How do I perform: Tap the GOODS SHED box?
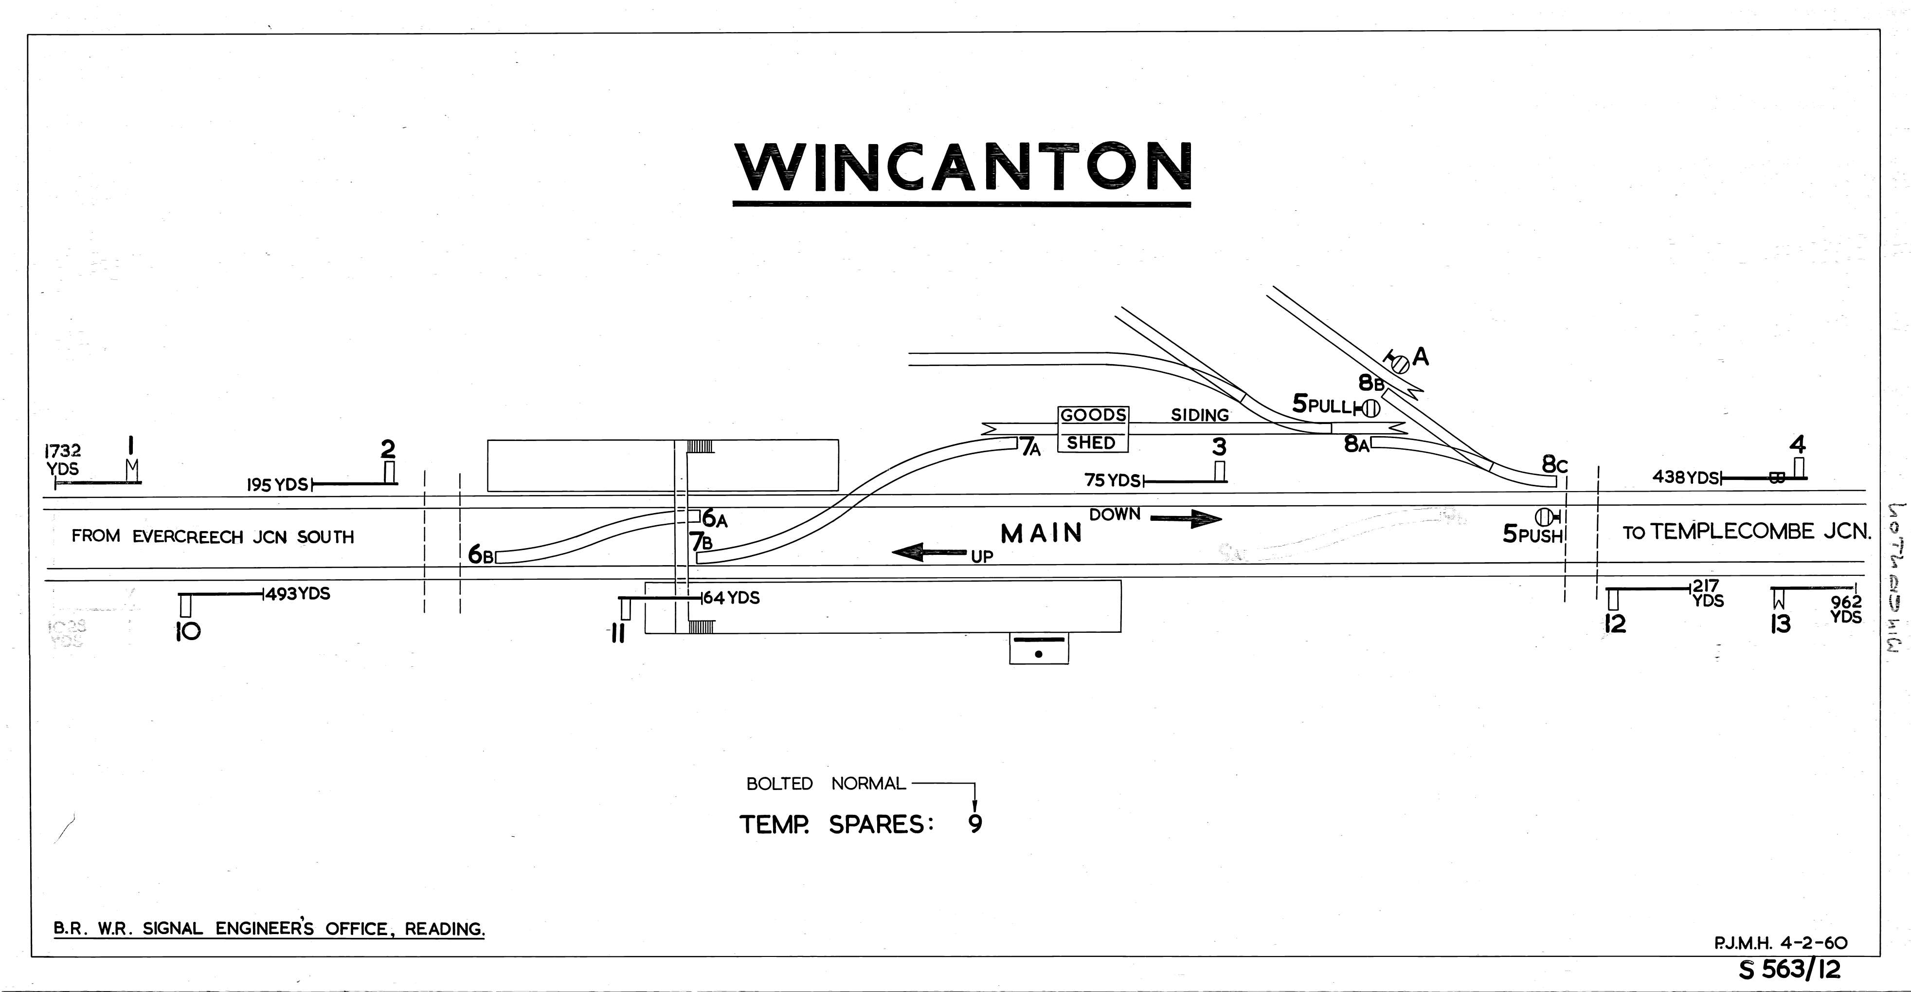click(x=1092, y=429)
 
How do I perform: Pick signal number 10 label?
click(x=188, y=631)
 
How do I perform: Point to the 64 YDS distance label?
click(x=731, y=597)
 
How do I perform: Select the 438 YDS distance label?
click(x=1685, y=477)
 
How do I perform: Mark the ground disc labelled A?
click(x=1400, y=364)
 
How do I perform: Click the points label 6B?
click(x=480, y=554)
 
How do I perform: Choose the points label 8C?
click(x=1554, y=465)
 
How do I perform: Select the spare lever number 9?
click(x=975, y=824)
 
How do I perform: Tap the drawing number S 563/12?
click(x=1788, y=969)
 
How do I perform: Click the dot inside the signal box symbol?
click(x=1038, y=654)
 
